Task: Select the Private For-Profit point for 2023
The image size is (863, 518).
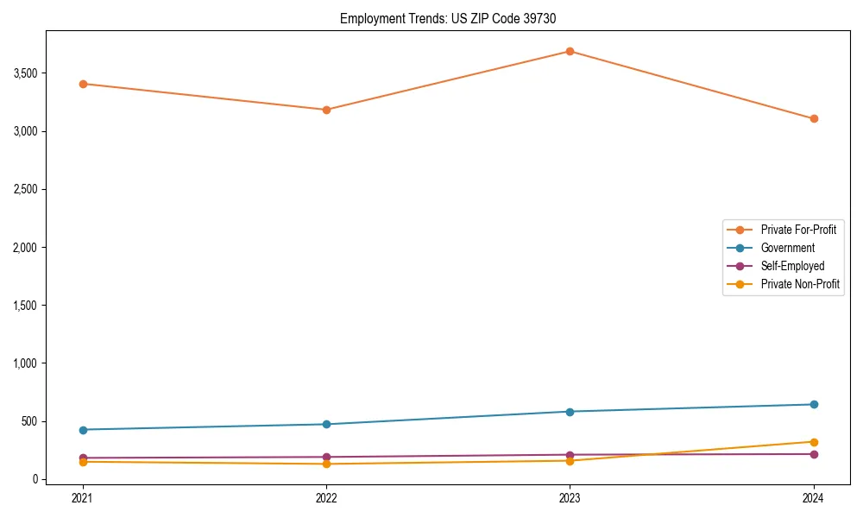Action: click(x=570, y=51)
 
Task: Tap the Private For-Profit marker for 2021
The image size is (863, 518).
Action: click(x=83, y=84)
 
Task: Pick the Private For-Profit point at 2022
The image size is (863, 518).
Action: click(x=326, y=110)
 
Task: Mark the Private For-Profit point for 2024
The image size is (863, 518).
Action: click(x=814, y=118)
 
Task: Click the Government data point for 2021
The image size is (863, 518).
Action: click(x=83, y=430)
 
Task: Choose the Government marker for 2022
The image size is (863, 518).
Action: click(x=326, y=424)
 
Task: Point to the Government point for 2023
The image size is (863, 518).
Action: click(x=570, y=412)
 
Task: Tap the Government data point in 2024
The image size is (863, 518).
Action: click(x=814, y=404)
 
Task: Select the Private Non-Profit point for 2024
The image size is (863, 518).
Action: click(x=814, y=442)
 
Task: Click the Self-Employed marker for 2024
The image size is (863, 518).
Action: click(x=814, y=454)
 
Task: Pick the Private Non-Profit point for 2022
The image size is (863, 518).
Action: click(x=326, y=464)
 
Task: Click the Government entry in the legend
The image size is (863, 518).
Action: click(x=787, y=248)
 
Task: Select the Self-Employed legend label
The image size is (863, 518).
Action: click(x=792, y=266)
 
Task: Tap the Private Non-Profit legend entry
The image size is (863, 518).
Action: click(x=800, y=284)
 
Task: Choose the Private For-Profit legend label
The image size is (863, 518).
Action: click(x=798, y=230)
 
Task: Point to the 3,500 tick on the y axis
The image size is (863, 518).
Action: click(x=25, y=73)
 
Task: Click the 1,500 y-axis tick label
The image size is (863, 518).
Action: click(x=25, y=306)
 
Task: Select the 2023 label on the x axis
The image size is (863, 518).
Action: click(x=570, y=498)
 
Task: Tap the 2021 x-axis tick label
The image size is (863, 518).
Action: click(x=83, y=498)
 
